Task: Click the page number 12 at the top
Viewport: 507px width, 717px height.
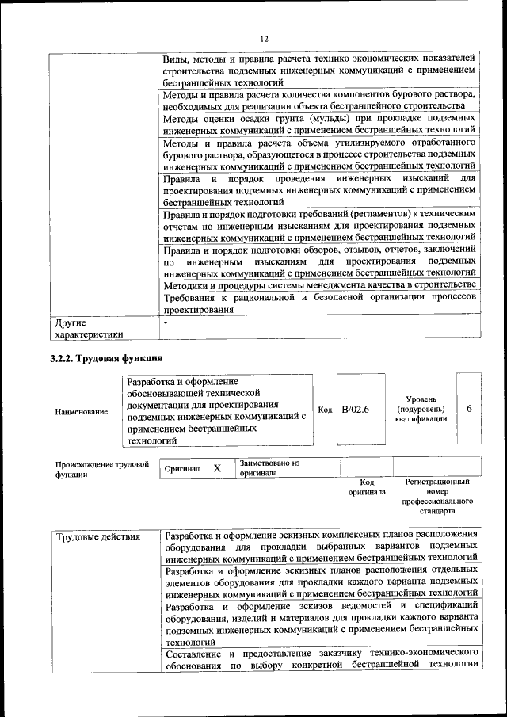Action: [264, 38]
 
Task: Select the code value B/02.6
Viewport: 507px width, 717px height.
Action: [356, 409]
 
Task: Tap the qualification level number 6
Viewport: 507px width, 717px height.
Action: [470, 409]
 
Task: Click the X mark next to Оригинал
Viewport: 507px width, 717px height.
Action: [216, 468]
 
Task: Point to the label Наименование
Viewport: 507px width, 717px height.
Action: [82, 412]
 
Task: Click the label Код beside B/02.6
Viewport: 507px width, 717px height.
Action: [325, 409]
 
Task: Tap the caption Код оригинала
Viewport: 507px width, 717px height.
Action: [367, 486]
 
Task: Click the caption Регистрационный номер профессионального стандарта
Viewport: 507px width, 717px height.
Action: [437, 496]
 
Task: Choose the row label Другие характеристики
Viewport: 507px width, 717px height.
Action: [88, 329]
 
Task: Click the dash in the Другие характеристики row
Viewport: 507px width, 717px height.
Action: [166, 323]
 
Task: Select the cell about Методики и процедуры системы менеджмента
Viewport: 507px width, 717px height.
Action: [319, 284]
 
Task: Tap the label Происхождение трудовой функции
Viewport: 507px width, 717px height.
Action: [101, 469]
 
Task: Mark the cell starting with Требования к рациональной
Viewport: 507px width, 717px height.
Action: [319, 303]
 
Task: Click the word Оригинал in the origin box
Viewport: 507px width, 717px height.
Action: [181, 469]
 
